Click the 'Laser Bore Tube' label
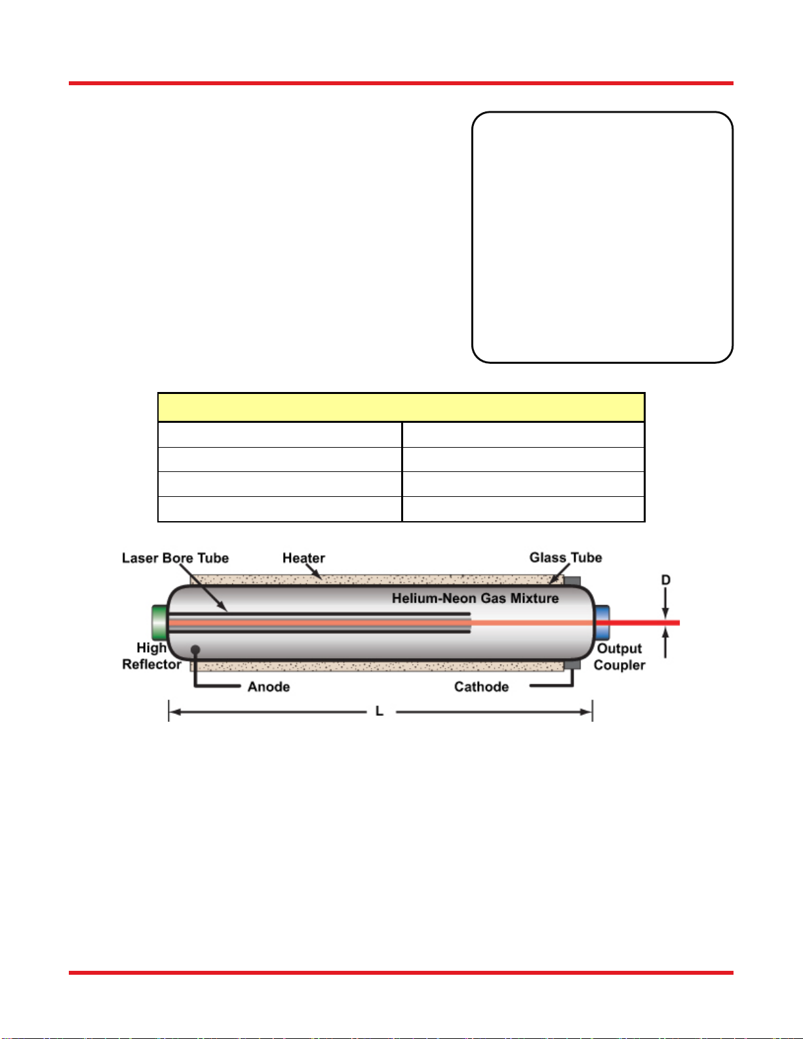[x=175, y=558]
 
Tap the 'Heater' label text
[x=304, y=558]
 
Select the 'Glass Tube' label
[x=566, y=557]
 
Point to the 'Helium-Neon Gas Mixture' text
[x=475, y=598]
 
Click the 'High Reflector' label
[x=151, y=656]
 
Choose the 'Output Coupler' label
[x=619, y=656]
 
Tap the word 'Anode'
[x=269, y=686]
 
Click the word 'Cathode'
[x=481, y=686]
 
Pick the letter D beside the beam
[x=665, y=580]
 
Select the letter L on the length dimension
[x=380, y=711]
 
